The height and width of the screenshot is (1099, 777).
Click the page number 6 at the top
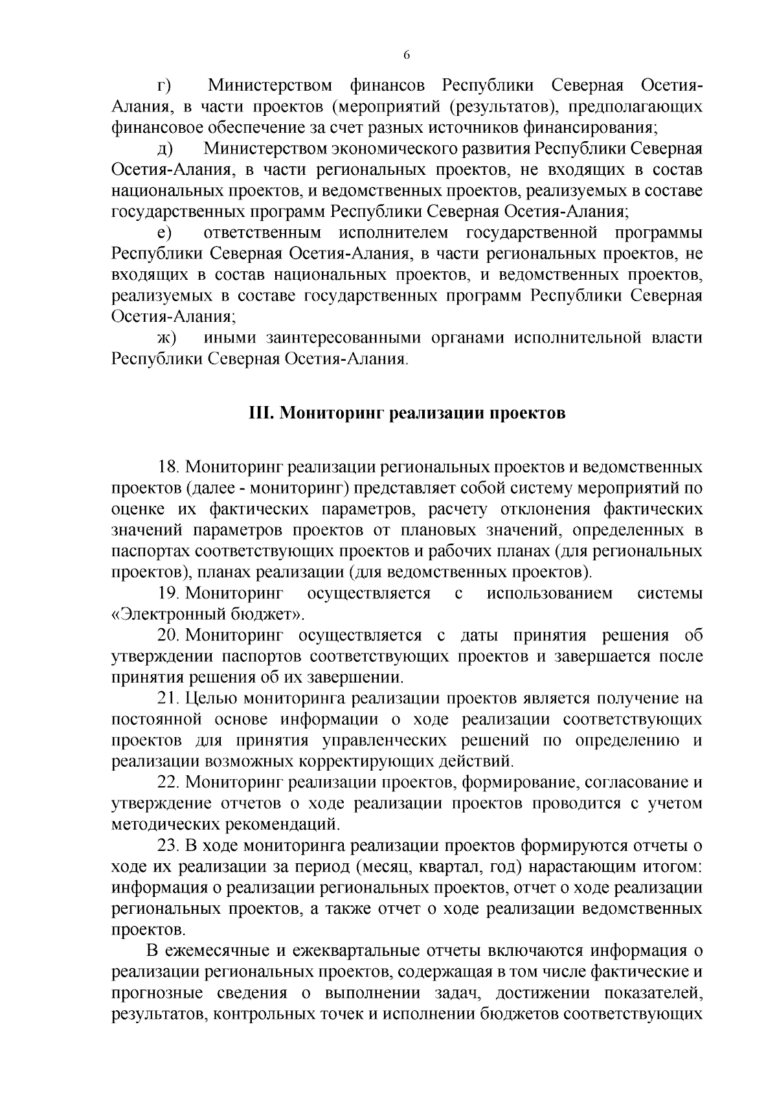(407, 56)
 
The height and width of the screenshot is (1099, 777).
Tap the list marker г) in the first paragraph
(163, 86)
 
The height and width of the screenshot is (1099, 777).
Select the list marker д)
(164, 150)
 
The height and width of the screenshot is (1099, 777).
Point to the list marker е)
(163, 233)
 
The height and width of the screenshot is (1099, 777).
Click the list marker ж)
(166, 338)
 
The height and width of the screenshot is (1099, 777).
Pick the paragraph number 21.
(171, 699)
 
